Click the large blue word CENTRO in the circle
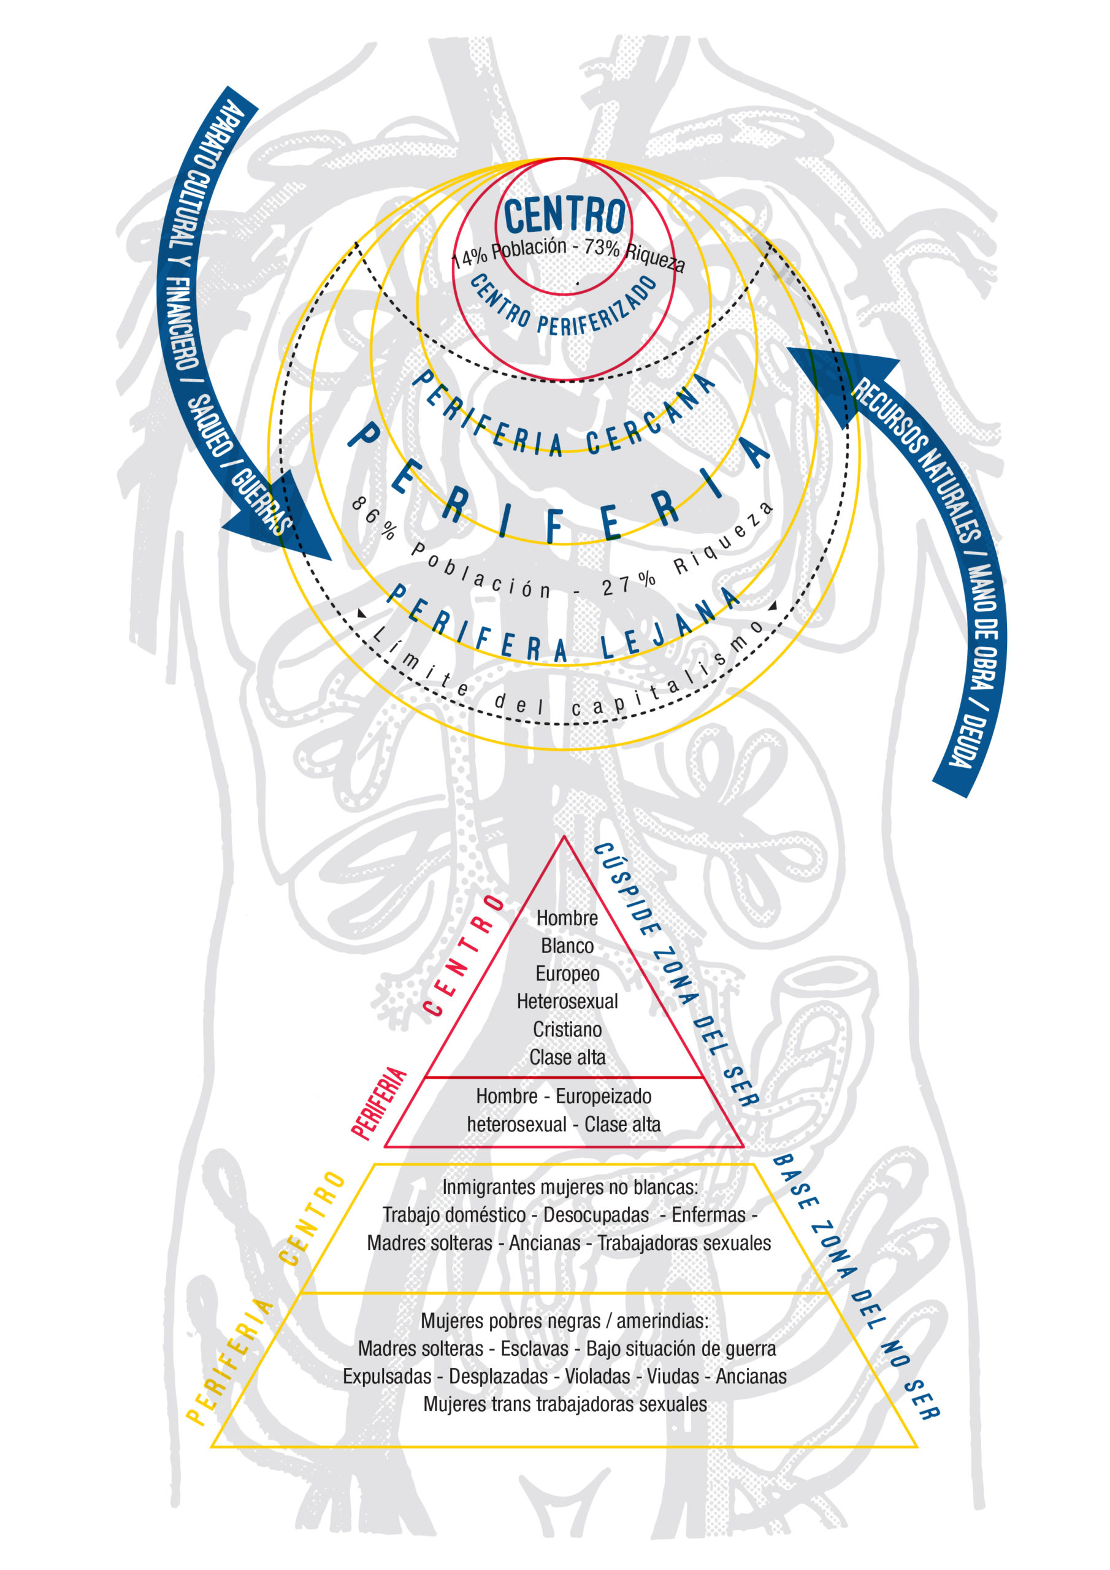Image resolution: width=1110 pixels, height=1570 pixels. pos(564,215)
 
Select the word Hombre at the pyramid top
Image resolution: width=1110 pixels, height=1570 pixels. pos(567,917)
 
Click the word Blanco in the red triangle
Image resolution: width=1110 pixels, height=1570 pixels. pos(567,946)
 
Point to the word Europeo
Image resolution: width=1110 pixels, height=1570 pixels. pos(567,974)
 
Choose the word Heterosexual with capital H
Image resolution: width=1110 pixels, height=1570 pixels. pos(567,1001)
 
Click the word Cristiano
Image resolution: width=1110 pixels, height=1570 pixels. pos(567,1029)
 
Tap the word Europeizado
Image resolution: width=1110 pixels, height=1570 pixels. pos(603,1096)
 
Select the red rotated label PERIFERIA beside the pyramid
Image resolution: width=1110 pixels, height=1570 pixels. pos(379,1103)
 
